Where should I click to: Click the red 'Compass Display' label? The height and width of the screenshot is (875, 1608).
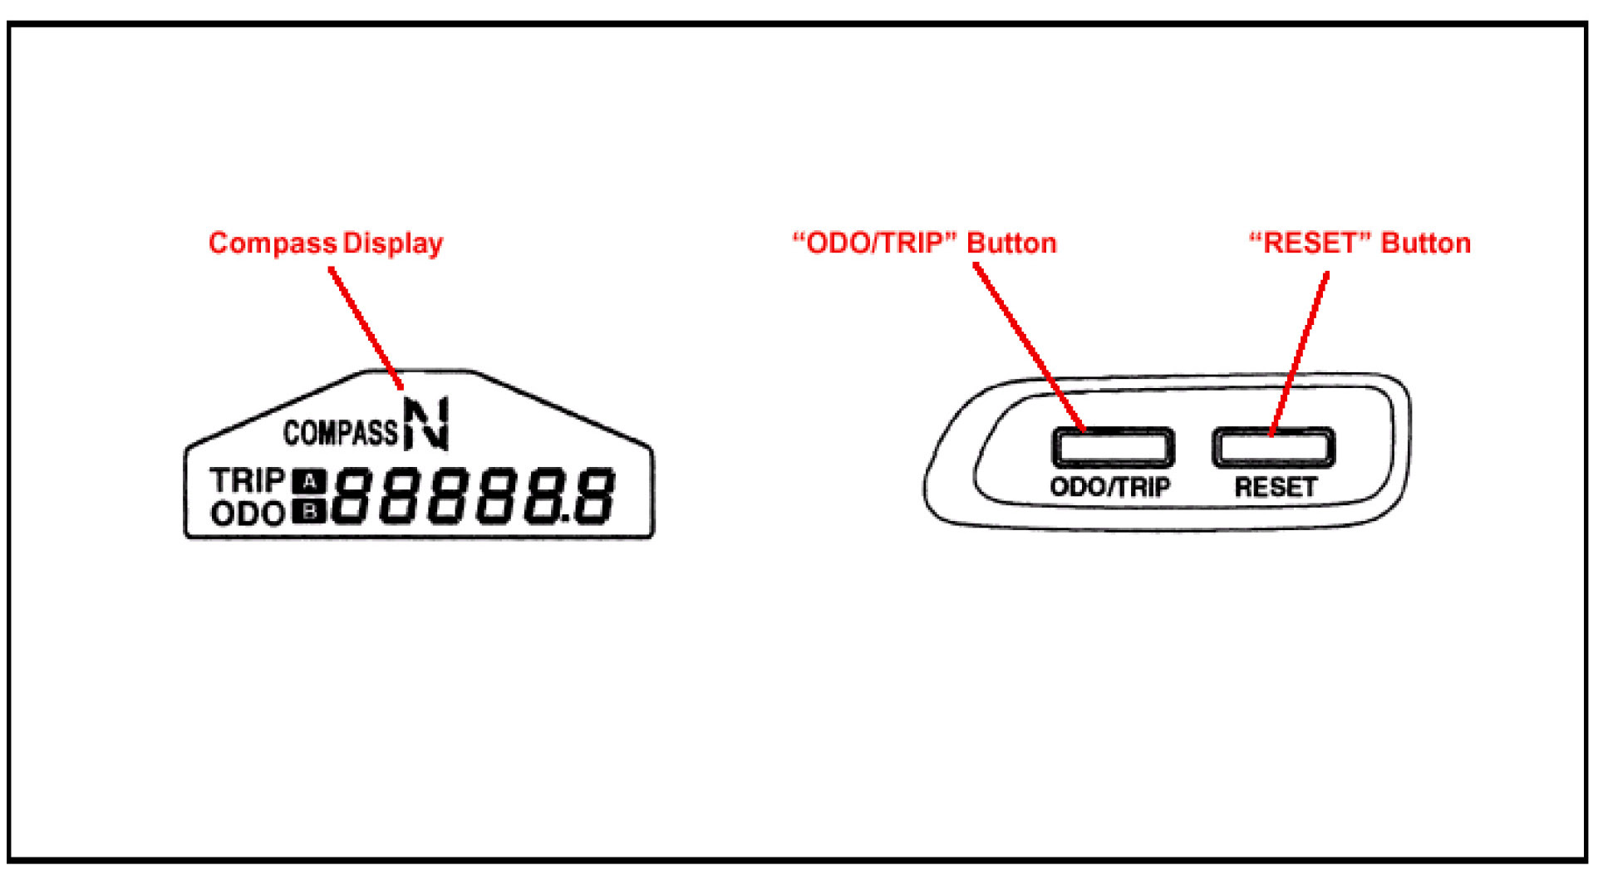coord(325,243)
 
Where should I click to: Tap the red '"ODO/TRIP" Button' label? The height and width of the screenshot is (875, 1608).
coord(924,243)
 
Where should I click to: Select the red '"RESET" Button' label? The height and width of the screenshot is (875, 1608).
coord(1360,243)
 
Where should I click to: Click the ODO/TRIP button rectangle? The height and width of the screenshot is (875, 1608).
coord(1113,448)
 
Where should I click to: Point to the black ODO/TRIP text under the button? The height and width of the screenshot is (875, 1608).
coord(1109,487)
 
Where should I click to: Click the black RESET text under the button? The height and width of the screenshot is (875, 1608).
coord(1276,487)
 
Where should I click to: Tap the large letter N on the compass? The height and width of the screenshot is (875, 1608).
coord(426,424)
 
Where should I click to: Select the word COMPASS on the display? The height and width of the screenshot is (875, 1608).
coord(341,433)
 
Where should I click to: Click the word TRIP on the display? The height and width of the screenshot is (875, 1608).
coord(247,481)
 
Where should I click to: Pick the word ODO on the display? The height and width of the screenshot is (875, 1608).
coord(248,514)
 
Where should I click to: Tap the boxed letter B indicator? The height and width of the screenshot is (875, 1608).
coord(309,512)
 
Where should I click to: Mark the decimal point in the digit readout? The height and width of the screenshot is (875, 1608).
coord(566,520)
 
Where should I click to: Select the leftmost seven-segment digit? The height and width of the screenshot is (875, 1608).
coord(351,496)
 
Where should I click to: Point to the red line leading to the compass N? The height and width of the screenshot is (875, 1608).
coord(366,327)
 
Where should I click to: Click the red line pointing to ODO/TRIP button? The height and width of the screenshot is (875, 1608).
coord(1029,347)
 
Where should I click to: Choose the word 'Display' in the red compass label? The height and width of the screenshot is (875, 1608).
coord(393,243)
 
